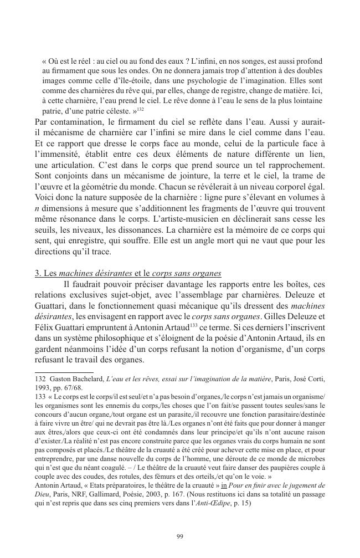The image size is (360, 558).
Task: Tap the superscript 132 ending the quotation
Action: [x=141, y=109]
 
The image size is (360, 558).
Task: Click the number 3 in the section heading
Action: [x=37, y=273]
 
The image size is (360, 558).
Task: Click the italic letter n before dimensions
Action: [x=37, y=208]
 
